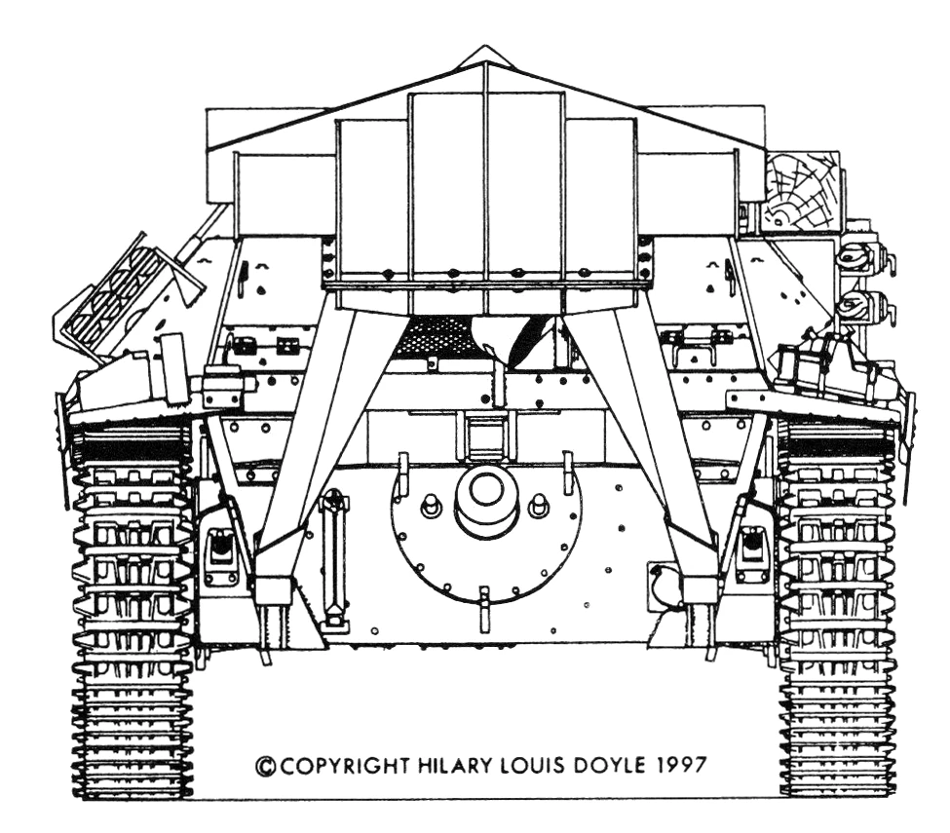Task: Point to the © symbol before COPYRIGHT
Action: point(265,766)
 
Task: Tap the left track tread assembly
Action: point(133,614)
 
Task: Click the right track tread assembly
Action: point(837,614)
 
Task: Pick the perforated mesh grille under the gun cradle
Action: point(434,337)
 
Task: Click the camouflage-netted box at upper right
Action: point(801,191)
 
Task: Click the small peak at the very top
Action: point(484,55)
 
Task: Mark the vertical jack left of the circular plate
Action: point(334,560)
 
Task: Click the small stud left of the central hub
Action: point(430,507)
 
